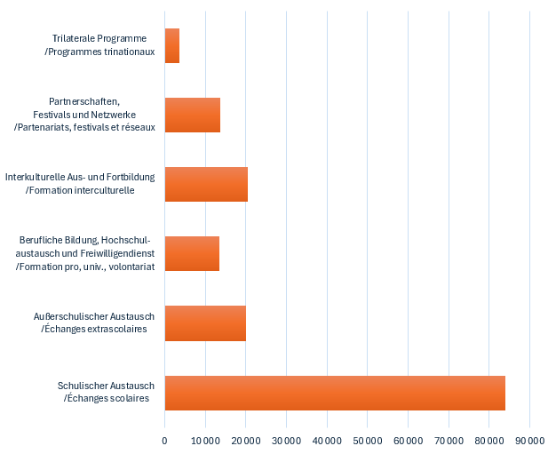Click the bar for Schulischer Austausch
335,393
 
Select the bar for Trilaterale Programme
172,45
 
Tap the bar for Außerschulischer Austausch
205,323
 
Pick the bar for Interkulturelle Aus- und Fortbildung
206,184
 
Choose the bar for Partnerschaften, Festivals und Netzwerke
193,115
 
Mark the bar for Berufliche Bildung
192,253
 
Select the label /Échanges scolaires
106,398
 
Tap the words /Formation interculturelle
80,190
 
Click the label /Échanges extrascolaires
94,330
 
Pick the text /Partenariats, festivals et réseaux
84,127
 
